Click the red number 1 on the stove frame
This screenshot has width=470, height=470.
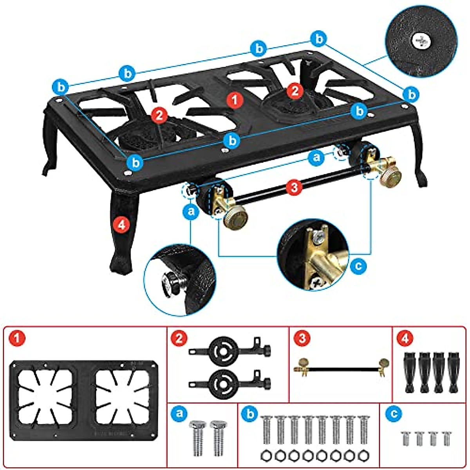coord(235,99)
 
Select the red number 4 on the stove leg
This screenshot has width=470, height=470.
coord(121,224)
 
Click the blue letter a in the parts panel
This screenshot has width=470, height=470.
coord(179,413)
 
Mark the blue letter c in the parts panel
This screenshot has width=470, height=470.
coord(392,413)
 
